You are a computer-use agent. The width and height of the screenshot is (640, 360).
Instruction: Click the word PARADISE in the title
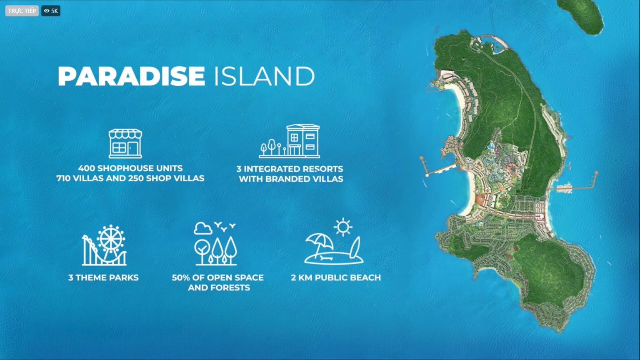click(131, 76)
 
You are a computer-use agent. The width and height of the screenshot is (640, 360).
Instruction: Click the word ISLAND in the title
click(264, 76)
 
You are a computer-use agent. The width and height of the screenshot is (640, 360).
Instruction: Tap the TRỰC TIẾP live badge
click(22, 11)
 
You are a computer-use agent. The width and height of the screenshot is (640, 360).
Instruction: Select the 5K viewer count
click(51, 11)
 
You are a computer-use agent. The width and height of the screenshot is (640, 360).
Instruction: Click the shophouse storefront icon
click(125, 143)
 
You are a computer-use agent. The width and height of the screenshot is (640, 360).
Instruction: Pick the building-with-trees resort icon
click(290, 141)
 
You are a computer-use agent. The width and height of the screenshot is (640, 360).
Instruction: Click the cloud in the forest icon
click(203, 228)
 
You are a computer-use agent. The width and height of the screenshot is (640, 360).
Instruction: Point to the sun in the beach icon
click(343, 227)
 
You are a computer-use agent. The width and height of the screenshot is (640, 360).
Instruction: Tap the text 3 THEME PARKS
click(103, 277)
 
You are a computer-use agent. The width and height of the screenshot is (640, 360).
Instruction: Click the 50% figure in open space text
click(182, 277)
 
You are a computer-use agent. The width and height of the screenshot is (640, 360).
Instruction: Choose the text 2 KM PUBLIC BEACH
click(335, 277)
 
